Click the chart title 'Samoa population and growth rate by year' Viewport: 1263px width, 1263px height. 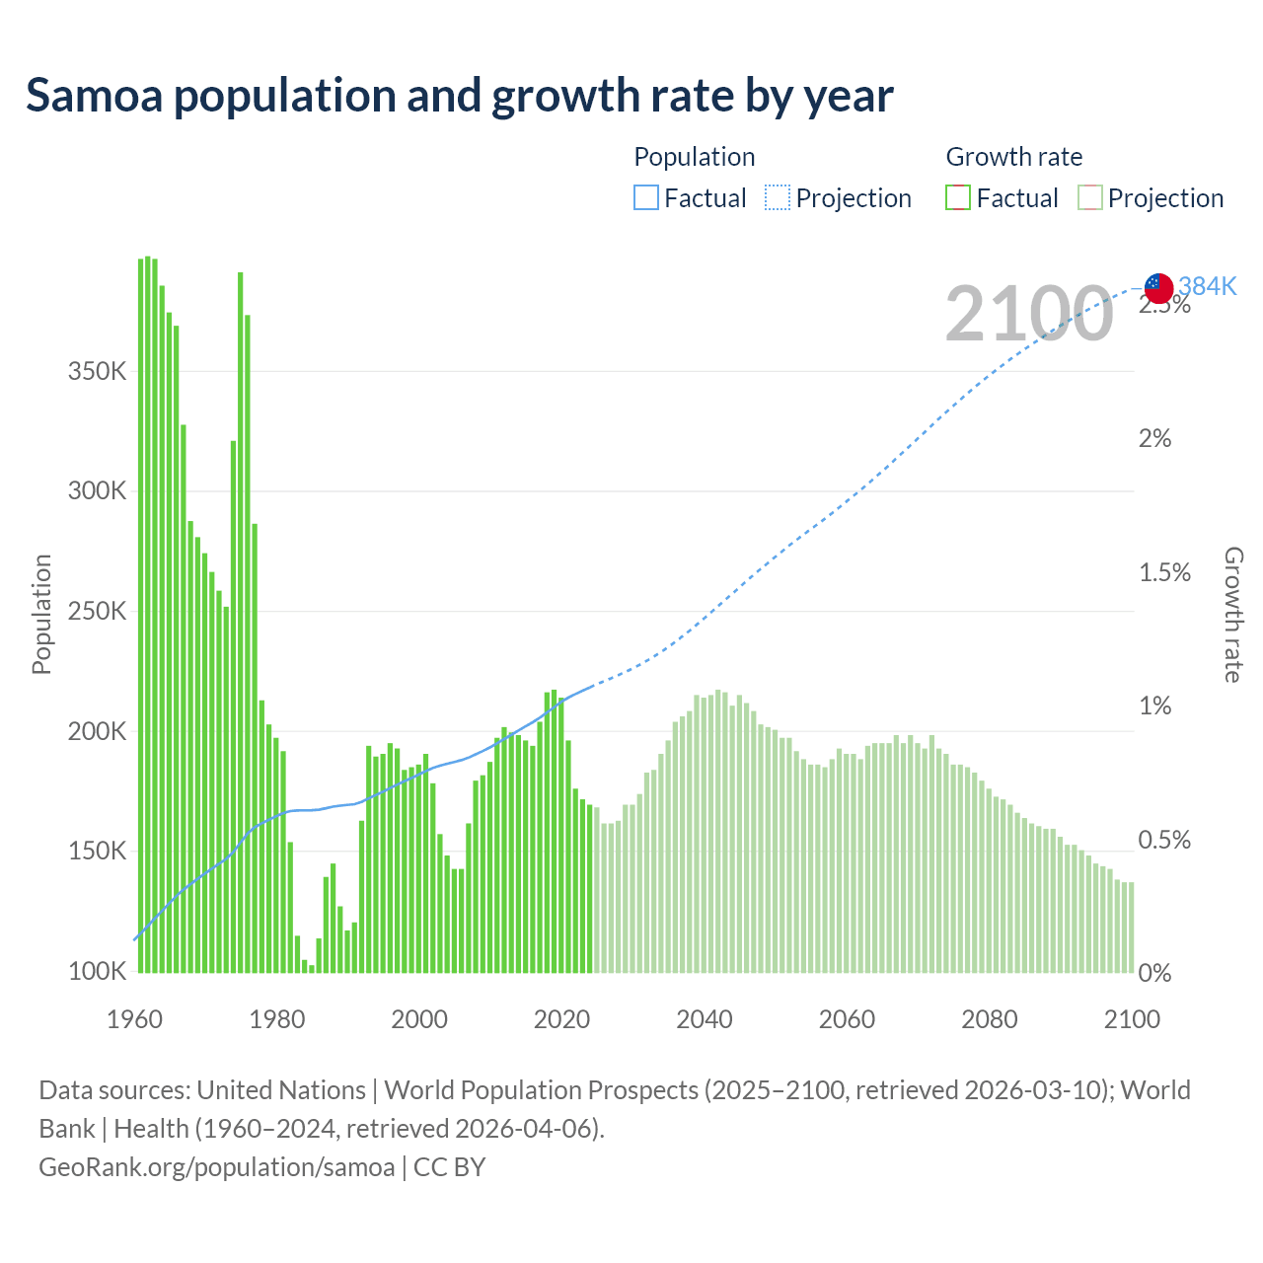click(x=460, y=96)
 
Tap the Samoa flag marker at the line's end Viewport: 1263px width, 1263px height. click(x=1158, y=288)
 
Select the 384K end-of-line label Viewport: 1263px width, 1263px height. click(x=1208, y=286)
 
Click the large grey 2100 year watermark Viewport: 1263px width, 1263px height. click(x=1029, y=314)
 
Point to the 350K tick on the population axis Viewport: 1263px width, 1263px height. click(x=97, y=372)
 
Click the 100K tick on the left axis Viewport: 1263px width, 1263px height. click(x=97, y=972)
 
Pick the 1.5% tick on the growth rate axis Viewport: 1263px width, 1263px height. click(x=1164, y=573)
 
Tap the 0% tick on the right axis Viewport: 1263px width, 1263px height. click(x=1154, y=973)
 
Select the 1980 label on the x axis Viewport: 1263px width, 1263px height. click(x=277, y=1019)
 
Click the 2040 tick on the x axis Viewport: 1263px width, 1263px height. click(x=705, y=1019)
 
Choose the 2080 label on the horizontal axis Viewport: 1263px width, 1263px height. click(x=990, y=1019)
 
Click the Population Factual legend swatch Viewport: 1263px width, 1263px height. click(x=646, y=198)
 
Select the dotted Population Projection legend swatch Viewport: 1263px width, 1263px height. click(x=778, y=198)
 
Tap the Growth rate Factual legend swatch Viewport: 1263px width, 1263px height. click(x=958, y=198)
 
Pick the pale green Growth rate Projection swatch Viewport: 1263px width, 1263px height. click(x=1090, y=198)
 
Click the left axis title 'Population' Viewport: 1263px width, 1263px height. click(x=41, y=614)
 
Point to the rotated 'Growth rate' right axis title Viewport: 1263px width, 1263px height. click(x=1233, y=615)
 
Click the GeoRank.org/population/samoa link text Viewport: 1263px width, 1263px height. click(x=216, y=1167)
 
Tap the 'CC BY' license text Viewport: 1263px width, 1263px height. click(x=450, y=1167)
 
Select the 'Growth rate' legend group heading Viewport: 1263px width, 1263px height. click(x=1013, y=157)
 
